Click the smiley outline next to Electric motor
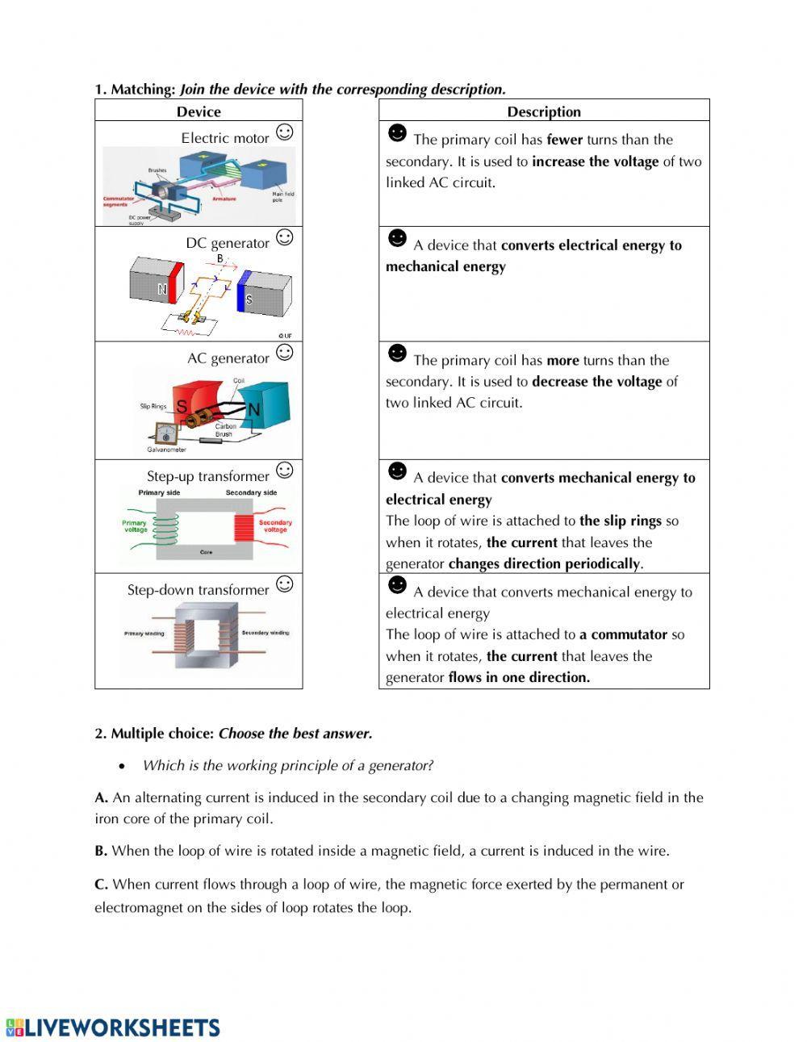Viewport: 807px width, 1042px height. (x=284, y=132)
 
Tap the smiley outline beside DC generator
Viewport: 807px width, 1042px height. (x=284, y=237)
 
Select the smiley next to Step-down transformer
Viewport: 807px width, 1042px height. (x=284, y=584)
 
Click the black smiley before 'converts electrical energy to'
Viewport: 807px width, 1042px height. (x=397, y=239)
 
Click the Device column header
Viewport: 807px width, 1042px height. (x=199, y=111)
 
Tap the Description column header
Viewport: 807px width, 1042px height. (x=543, y=111)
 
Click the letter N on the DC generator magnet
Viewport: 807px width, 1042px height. (x=162, y=289)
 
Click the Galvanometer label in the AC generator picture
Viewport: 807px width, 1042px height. (x=166, y=450)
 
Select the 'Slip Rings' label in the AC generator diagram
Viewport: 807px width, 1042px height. (x=153, y=406)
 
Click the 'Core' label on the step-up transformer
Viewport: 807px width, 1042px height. (x=206, y=553)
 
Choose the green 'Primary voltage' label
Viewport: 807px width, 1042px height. (x=135, y=526)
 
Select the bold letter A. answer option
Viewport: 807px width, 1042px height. (x=101, y=797)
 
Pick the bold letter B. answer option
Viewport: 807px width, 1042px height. (x=101, y=851)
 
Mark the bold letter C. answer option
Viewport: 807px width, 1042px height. (x=101, y=885)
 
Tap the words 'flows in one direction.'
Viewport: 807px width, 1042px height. (x=519, y=678)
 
